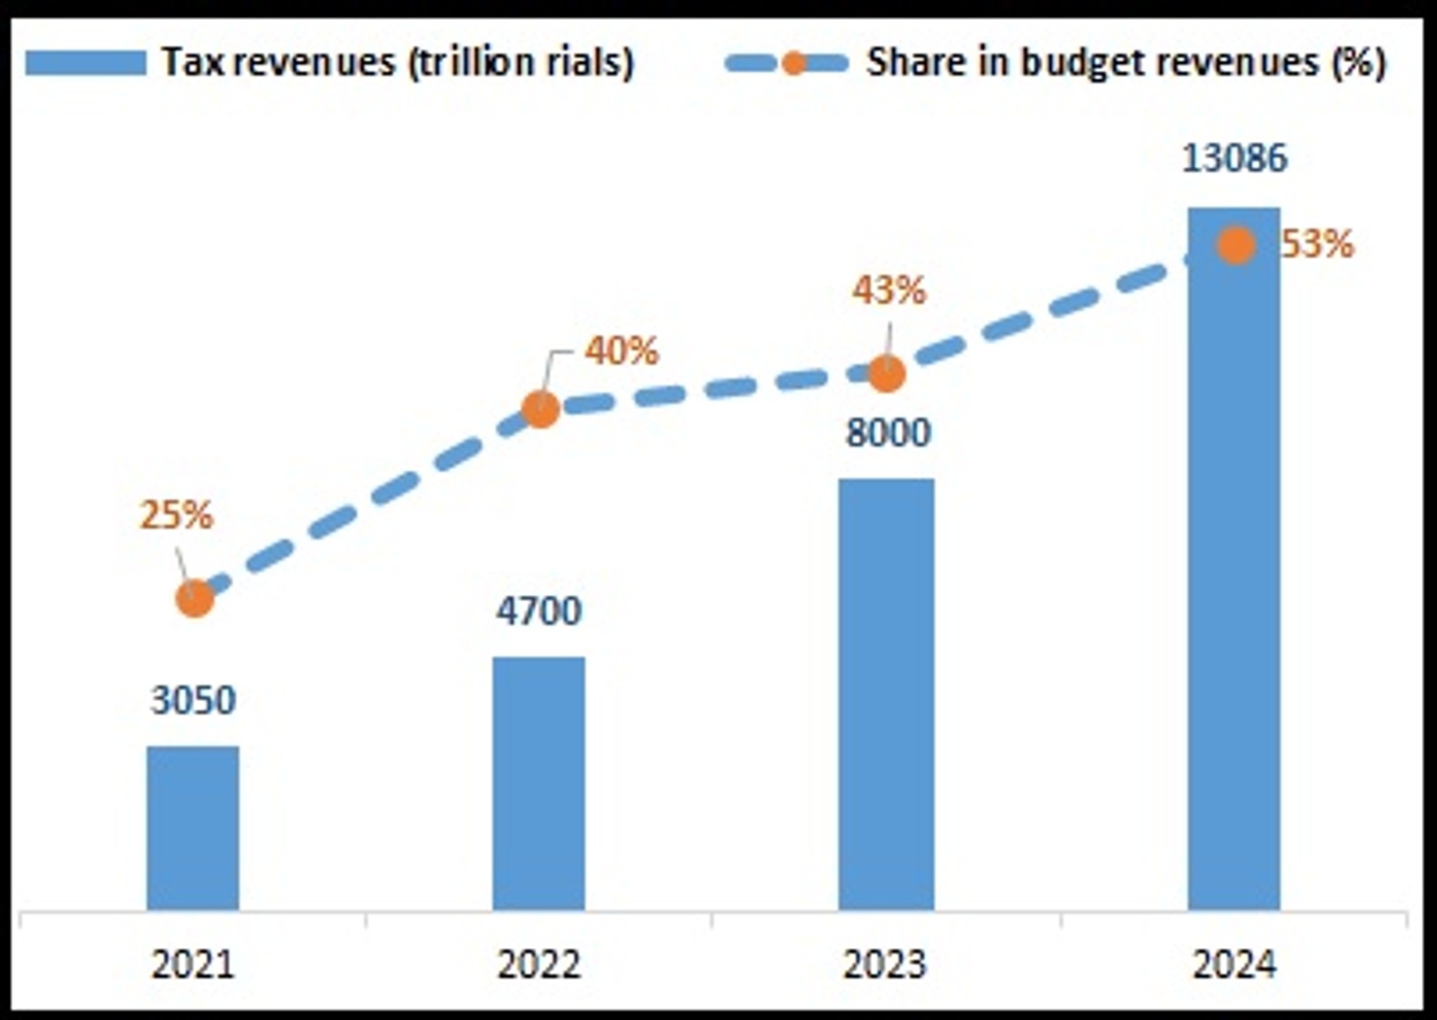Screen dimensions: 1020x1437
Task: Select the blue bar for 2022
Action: [x=539, y=783]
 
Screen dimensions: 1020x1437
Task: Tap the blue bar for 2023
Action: [x=886, y=694]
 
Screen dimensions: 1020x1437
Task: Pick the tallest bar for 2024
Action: [x=1234, y=575]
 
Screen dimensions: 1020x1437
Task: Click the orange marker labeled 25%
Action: [x=195, y=599]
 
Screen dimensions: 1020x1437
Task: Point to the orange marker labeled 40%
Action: [x=541, y=409]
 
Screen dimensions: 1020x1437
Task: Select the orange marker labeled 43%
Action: [x=887, y=374]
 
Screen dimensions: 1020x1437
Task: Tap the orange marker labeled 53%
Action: [x=1236, y=245]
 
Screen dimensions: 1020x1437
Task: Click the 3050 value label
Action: [x=193, y=700]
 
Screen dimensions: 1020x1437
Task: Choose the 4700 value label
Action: [x=539, y=611]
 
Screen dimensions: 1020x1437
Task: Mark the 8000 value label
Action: [x=888, y=433]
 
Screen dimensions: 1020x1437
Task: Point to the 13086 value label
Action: [x=1234, y=158]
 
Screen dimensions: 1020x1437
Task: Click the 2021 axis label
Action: [x=193, y=964]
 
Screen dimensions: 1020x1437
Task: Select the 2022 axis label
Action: [x=539, y=964]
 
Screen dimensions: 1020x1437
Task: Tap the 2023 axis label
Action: [x=886, y=964]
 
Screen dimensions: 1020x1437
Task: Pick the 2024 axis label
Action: [x=1234, y=964]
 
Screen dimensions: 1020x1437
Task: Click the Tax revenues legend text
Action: [x=398, y=62]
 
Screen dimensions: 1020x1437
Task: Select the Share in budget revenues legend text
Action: [x=1126, y=62]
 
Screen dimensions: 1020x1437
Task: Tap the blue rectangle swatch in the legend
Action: [x=85, y=63]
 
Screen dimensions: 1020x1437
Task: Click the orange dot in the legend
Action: [x=794, y=63]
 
